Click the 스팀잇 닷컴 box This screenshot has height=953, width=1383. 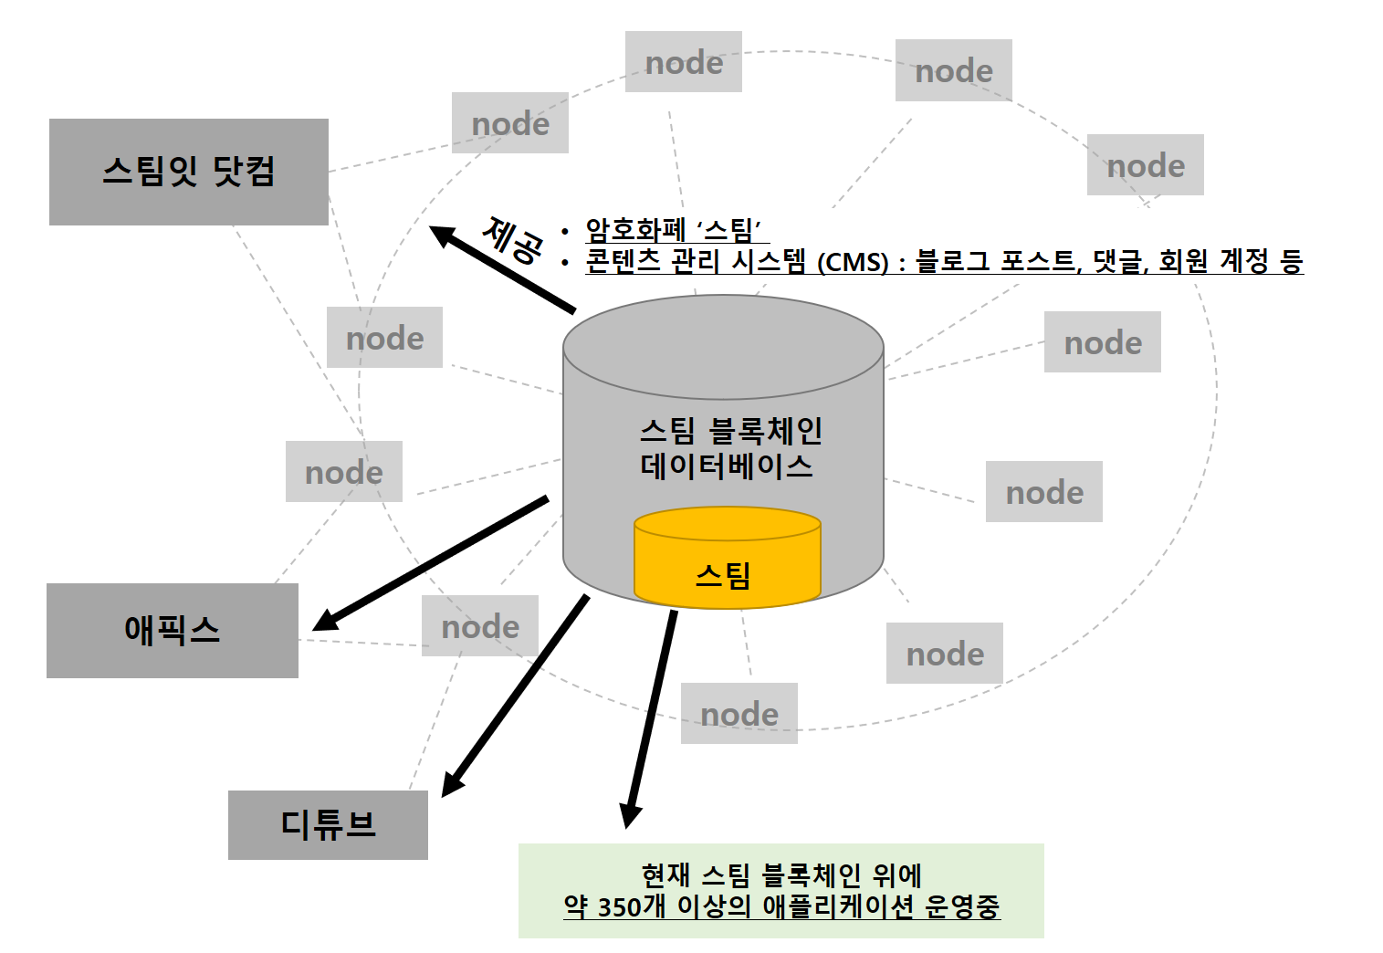coord(188,172)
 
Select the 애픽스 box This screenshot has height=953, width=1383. coord(172,630)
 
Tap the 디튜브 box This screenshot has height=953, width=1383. coord(327,824)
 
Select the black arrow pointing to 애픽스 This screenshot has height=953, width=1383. coord(429,563)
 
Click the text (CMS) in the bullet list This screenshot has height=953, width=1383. coord(852,263)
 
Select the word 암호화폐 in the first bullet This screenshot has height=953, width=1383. coord(634,229)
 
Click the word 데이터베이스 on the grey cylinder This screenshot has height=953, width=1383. coord(726,466)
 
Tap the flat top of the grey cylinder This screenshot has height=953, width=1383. coord(723,346)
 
